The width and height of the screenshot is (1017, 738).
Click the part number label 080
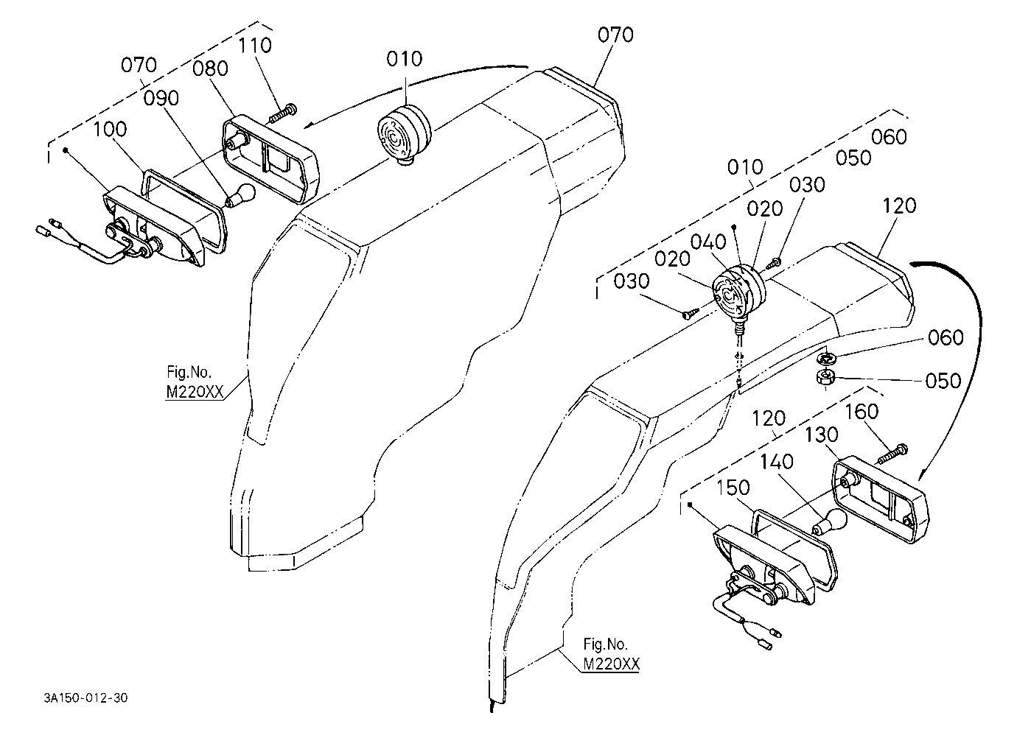(x=210, y=69)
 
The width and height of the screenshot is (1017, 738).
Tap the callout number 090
(x=161, y=98)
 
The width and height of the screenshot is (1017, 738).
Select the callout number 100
(x=110, y=130)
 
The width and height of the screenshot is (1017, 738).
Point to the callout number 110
(x=255, y=46)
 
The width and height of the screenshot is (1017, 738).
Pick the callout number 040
(x=708, y=242)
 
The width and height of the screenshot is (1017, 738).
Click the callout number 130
(x=821, y=435)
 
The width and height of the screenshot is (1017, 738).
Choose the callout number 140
(x=777, y=462)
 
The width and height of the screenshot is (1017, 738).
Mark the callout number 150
(x=733, y=488)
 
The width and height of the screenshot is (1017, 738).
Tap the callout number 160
(x=862, y=412)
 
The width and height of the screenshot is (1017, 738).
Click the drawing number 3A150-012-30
(x=85, y=698)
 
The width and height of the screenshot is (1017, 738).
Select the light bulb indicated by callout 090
(x=241, y=195)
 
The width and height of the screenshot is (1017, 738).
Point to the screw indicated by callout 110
(x=283, y=113)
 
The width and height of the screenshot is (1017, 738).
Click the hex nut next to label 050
(x=825, y=377)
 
